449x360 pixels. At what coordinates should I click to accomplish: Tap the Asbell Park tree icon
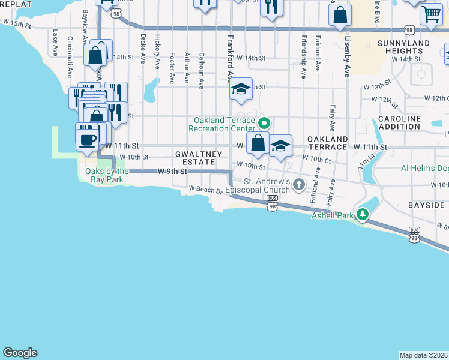tap(362, 214)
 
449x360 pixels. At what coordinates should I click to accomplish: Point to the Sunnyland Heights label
tap(403, 48)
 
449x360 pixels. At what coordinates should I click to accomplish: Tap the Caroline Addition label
tap(399, 122)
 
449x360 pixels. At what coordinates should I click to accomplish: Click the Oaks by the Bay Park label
tap(103, 175)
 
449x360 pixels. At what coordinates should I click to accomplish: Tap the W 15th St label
tap(16, 23)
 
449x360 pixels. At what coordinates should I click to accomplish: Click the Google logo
tap(20, 353)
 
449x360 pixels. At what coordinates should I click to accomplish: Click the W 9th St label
tap(173, 172)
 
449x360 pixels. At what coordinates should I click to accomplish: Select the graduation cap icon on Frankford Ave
tap(241, 90)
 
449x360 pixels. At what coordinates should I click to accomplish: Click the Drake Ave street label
tap(143, 49)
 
